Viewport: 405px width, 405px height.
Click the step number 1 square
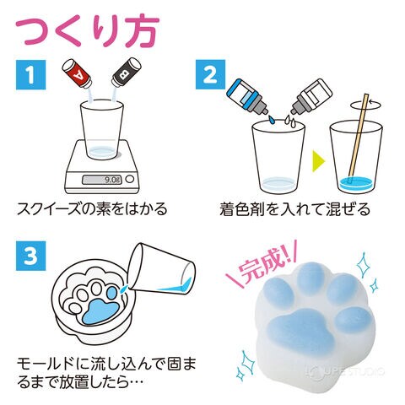click(30, 75)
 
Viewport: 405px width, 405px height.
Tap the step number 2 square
click(210, 75)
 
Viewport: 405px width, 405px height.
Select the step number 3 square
click(30, 256)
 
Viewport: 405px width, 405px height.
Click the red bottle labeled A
click(77, 73)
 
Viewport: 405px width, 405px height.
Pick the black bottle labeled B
click(126, 72)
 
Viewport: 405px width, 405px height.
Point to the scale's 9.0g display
click(102, 180)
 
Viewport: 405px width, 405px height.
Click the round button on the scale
click(129, 179)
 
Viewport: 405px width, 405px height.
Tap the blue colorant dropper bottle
click(247, 95)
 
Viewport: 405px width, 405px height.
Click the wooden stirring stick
click(358, 138)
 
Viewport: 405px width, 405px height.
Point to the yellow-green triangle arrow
click(319, 161)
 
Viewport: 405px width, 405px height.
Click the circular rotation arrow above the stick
click(366, 105)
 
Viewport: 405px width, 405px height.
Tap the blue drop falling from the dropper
click(271, 120)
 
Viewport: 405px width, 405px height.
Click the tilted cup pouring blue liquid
click(163, 269)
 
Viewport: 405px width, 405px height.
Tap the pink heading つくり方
click(88, 30)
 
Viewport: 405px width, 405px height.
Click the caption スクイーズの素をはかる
click(92, 208)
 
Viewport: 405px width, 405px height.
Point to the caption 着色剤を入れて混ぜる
click(294, 208)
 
